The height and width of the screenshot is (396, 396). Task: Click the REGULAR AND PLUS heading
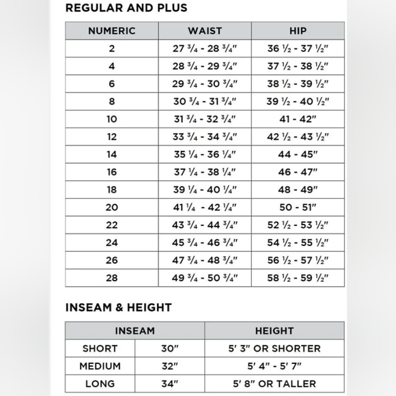click(x=126, y=8)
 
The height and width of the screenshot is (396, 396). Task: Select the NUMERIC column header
click(x=112, y=31)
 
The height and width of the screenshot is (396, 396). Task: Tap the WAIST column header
click(x=205, y=31)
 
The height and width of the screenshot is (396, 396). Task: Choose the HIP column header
click(x=298, y=31)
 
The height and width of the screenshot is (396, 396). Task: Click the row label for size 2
click(x=112, y=48)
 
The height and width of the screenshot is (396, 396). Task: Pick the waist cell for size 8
click(x=205, y=102)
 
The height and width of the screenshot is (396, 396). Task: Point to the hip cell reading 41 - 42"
click(x=298, y=119)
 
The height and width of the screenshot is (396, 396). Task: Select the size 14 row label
click(x=112, y=154)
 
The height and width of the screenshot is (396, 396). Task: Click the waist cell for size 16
click(x=205, y=172)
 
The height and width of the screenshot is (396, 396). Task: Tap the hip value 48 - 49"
click(x=298, y=190)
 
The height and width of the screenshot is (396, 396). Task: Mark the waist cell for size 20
click(x=205, y=208)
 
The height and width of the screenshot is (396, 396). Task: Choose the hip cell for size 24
click(x=298, y=242)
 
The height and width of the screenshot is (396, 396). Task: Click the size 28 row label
click(x=112, y=278)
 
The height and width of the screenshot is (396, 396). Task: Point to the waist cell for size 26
click(x=205, y=260)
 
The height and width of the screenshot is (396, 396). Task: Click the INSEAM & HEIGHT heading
click(x=119, y=307)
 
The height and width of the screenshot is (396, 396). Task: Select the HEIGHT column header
click(x=274, y=331)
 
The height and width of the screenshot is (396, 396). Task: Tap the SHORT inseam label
click(x=100, y=348)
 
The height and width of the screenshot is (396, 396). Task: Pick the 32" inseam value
click(x=170, y=366)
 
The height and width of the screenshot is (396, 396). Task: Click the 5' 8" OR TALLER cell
click(x=274, y=384)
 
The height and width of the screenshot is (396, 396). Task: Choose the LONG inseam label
click(x=100, y=384)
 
